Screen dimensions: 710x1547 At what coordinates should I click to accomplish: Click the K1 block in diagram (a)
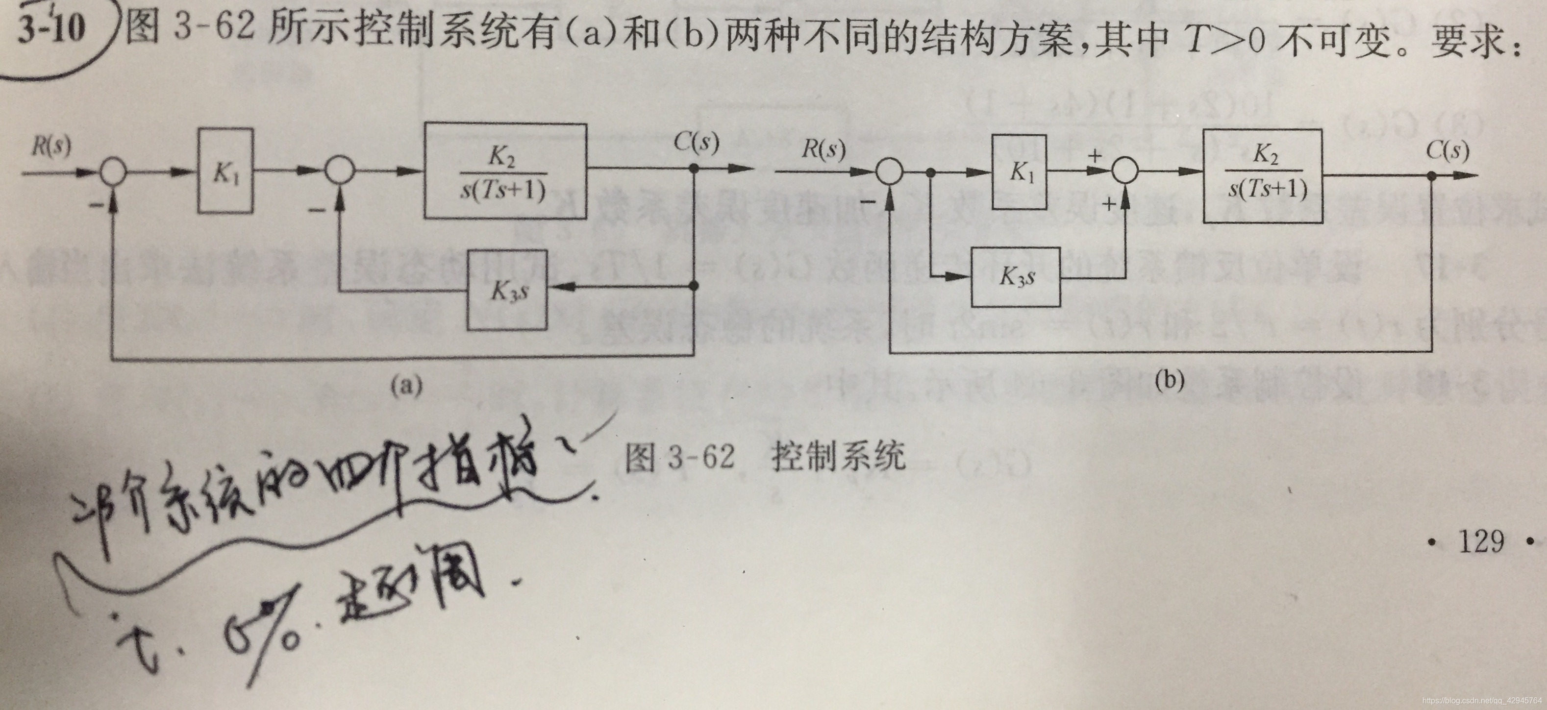[225, 171]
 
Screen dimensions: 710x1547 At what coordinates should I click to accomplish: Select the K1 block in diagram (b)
[1019, 172]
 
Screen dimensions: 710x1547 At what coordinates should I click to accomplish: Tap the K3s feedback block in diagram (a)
[507, 291]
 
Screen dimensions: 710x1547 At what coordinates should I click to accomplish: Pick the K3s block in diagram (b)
[1016, 277]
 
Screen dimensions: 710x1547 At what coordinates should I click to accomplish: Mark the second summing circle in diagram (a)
[340, 171]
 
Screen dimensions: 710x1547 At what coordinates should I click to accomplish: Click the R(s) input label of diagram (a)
[50, 146]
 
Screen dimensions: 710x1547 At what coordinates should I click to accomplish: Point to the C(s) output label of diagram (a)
[696, 142]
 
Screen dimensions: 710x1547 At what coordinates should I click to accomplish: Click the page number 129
[1481, 541]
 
